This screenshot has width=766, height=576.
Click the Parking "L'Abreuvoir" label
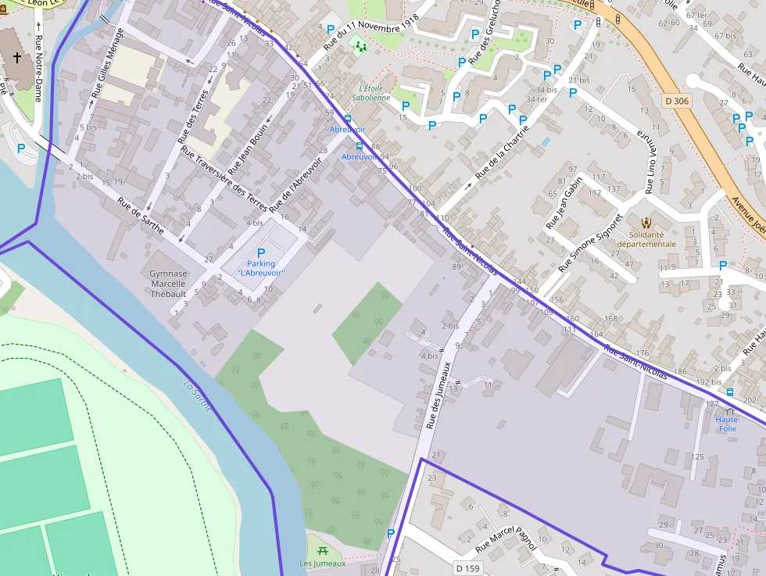click(261, 267)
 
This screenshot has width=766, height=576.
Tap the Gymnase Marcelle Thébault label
click(168, 284)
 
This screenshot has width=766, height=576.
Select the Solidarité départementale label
click(646, 238)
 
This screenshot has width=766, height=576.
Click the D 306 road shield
click(677, 101)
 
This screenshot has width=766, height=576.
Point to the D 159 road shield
click(467, 567)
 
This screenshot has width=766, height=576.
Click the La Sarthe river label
click(198, 395)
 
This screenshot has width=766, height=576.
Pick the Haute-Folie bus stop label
click(727, 424)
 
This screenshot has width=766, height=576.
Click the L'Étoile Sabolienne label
click(370, 93)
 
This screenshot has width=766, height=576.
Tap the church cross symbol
click(18, 59)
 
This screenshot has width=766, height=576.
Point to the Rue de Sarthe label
click(141, 216)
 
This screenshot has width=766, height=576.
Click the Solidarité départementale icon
click(646, 222)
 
